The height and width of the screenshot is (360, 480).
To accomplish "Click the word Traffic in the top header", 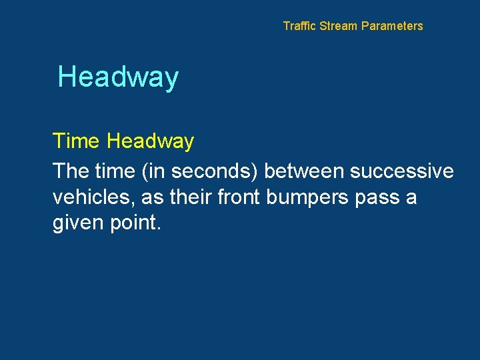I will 300,26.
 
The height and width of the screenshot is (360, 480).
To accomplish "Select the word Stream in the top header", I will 339,26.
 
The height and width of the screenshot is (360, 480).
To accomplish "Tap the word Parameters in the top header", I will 392,26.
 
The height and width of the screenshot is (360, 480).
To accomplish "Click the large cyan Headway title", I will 118,77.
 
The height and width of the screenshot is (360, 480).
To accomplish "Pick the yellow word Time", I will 76,141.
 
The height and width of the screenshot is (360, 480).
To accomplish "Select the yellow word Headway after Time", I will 150,141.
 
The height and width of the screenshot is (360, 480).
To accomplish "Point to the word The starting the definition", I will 71,171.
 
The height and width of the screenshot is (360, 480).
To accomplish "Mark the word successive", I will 401,171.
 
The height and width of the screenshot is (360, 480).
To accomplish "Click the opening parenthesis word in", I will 155,171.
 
